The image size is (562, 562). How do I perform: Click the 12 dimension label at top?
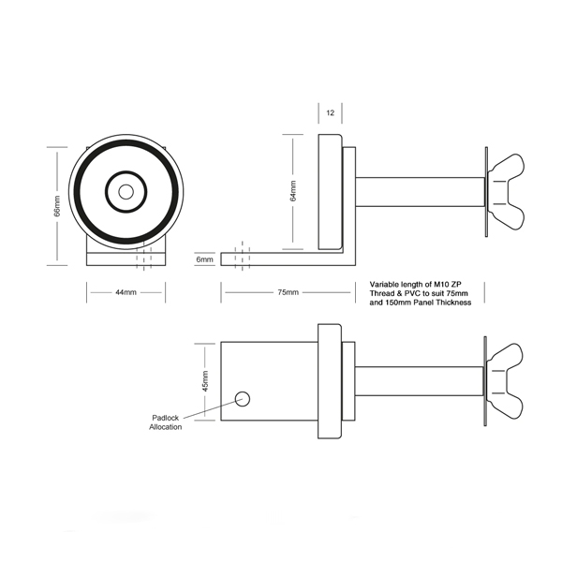coord(330,113)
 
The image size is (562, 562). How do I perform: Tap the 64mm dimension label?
coord(293,191)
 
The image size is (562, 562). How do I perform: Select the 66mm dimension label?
coord(57,206)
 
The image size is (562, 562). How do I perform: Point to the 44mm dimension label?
coord(126,292)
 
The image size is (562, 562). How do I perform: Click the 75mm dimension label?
coord(288,292)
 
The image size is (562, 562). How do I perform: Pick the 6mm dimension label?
coord(204,259)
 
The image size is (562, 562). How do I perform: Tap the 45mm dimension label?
coord(205,381)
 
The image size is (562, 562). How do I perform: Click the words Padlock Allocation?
coord(166,422)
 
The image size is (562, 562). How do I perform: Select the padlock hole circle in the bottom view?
coord(243,399)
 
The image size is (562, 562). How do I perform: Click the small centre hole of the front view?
coord(126,192)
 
